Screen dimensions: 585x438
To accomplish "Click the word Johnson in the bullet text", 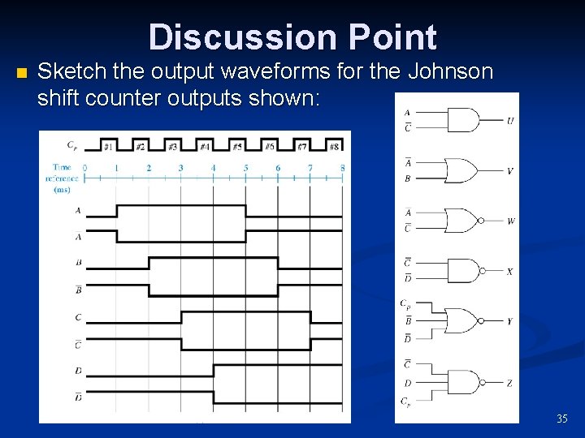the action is point(450,72).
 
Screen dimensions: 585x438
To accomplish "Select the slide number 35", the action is point(562,419).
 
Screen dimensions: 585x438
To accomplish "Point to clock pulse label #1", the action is point(108,147).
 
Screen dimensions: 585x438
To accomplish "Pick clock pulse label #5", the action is point(237,147).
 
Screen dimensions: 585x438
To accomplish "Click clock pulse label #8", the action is point(333,147).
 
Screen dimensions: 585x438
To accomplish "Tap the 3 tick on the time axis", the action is point(180,168).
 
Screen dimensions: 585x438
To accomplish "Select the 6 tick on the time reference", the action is point(278,168).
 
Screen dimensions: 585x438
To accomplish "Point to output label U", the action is point(509,120).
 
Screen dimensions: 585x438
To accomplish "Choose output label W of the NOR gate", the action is point(509,221).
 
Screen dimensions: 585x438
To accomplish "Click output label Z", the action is point(509,383).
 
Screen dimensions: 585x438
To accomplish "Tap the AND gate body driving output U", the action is point(463,120).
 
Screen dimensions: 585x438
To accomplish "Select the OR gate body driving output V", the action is point(463,170).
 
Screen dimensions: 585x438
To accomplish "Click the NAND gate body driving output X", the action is point(463,271).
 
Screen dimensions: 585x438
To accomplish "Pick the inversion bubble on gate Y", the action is point(482,321).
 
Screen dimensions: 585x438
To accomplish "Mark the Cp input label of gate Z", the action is point(405,401).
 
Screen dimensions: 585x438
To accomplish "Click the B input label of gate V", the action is point(407,178).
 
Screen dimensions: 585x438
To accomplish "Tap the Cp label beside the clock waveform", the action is point(71,147).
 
